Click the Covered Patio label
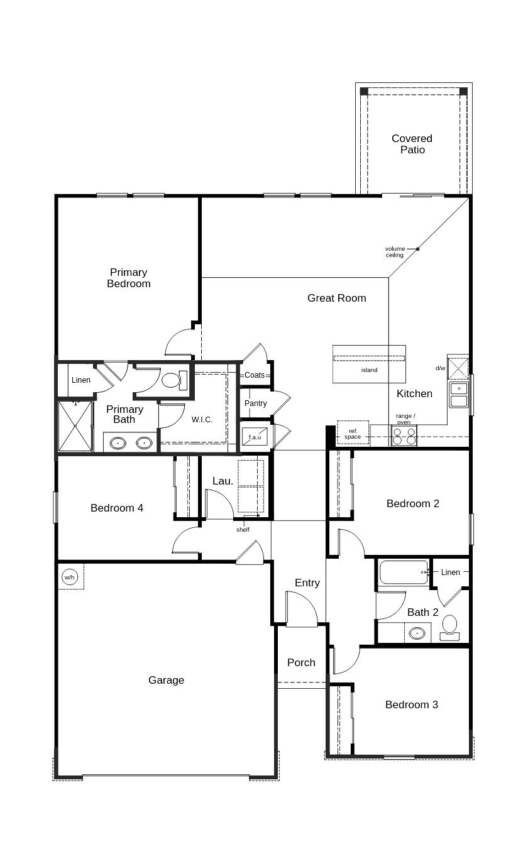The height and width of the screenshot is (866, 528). coord(412,144)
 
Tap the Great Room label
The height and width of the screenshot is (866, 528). coord(336,298)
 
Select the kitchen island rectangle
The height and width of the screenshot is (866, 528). coord(369,364)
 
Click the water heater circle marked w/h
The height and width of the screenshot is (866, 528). coord(70,577)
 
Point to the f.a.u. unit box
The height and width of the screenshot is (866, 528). coord(255,436)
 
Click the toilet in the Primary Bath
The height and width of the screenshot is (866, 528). coord(175,380)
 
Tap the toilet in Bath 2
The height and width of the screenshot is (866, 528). coord(449,627)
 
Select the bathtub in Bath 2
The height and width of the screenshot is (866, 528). coord(404,572)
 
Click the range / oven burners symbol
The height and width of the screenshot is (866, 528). coord(404,436)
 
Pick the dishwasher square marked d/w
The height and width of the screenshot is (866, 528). coord(458,368)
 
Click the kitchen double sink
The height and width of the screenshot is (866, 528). coord(459,394)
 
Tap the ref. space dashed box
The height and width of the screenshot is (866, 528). coord(353,432)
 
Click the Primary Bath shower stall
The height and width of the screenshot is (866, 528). coord(75,426)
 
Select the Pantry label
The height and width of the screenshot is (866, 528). coord(255,403)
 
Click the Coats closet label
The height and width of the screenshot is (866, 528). coord(255,375)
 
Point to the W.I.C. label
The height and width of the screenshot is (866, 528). coord(202,420)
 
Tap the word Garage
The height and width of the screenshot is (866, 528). coord(167,680)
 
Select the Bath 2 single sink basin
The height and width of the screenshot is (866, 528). coord(417,633)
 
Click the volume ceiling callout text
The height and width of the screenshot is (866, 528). coord(395,251)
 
